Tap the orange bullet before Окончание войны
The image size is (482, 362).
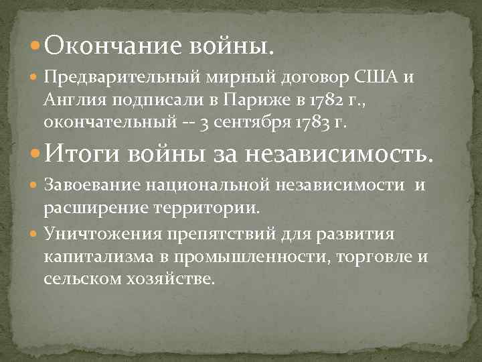pos(35,46)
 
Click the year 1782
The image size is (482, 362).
pos(330,100)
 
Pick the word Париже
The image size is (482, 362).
pos(256,101)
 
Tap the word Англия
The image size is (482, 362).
pos(75,101)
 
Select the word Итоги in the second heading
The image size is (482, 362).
pos(82,153)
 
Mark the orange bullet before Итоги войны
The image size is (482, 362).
pos(35,153)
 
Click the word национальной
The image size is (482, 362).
pos(208,185)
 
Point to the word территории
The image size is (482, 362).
pos(206,208)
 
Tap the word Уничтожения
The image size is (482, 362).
pos(103,234)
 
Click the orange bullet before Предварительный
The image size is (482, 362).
pos(34,76)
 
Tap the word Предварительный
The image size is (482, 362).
pos(122,78)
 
